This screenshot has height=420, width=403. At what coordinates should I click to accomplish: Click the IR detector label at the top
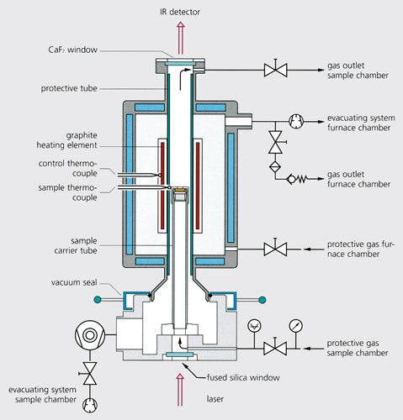(180, 12)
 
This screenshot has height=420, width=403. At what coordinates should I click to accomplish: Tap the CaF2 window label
(73, 50)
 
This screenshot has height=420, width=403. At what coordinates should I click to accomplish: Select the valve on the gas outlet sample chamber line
(275, 70)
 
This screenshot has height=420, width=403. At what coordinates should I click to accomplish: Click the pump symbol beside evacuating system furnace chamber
(296, 122)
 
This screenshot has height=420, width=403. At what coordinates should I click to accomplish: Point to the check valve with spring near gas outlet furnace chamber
(297, 178)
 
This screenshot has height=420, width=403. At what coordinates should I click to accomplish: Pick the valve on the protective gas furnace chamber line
(275, 249)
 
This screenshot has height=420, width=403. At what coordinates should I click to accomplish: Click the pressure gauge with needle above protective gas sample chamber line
(296, 326)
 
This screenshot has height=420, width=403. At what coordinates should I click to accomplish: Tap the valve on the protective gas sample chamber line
(275, 349)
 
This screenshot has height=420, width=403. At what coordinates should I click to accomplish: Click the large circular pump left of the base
(90, 335)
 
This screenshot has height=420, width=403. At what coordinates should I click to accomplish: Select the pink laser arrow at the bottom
(180, 390)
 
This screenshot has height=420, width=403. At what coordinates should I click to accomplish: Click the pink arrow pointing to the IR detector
(181, 39)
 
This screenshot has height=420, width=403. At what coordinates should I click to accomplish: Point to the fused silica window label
(243, 378)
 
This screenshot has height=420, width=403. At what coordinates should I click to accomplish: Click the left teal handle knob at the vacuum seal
(97, 300)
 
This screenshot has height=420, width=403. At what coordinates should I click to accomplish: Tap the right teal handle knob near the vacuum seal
(262, 300)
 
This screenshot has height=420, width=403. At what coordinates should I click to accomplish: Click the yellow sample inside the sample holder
(179, 191)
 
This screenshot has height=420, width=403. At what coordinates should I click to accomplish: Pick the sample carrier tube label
(76, 245)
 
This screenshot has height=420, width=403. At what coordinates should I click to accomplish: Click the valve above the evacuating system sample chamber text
(90, 373)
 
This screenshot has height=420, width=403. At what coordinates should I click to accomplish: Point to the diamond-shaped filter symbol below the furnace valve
(275, 166)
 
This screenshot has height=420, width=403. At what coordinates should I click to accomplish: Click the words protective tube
(69, 88)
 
